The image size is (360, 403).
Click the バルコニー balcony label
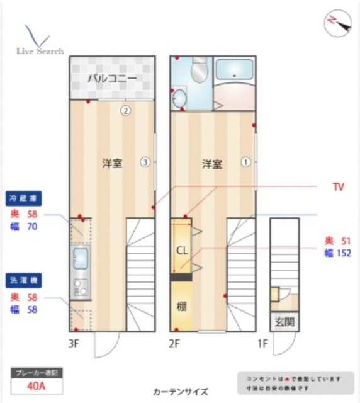[112, 79]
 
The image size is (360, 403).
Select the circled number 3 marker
[145, 162]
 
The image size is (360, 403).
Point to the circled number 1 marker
[245, 162]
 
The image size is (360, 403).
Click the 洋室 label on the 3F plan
[112, 163]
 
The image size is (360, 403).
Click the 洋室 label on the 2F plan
[211, 164]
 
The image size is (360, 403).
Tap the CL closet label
[181, 249]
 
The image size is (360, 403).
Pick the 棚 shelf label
[181, 307]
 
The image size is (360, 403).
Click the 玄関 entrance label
[283, 322]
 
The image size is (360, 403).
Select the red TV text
[338, 187]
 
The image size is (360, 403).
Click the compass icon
[337, 23]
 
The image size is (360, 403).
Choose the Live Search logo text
[40, 51]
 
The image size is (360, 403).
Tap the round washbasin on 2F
[179, 99]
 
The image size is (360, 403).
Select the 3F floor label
[75, 344]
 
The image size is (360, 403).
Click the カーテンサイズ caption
[180, 390]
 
